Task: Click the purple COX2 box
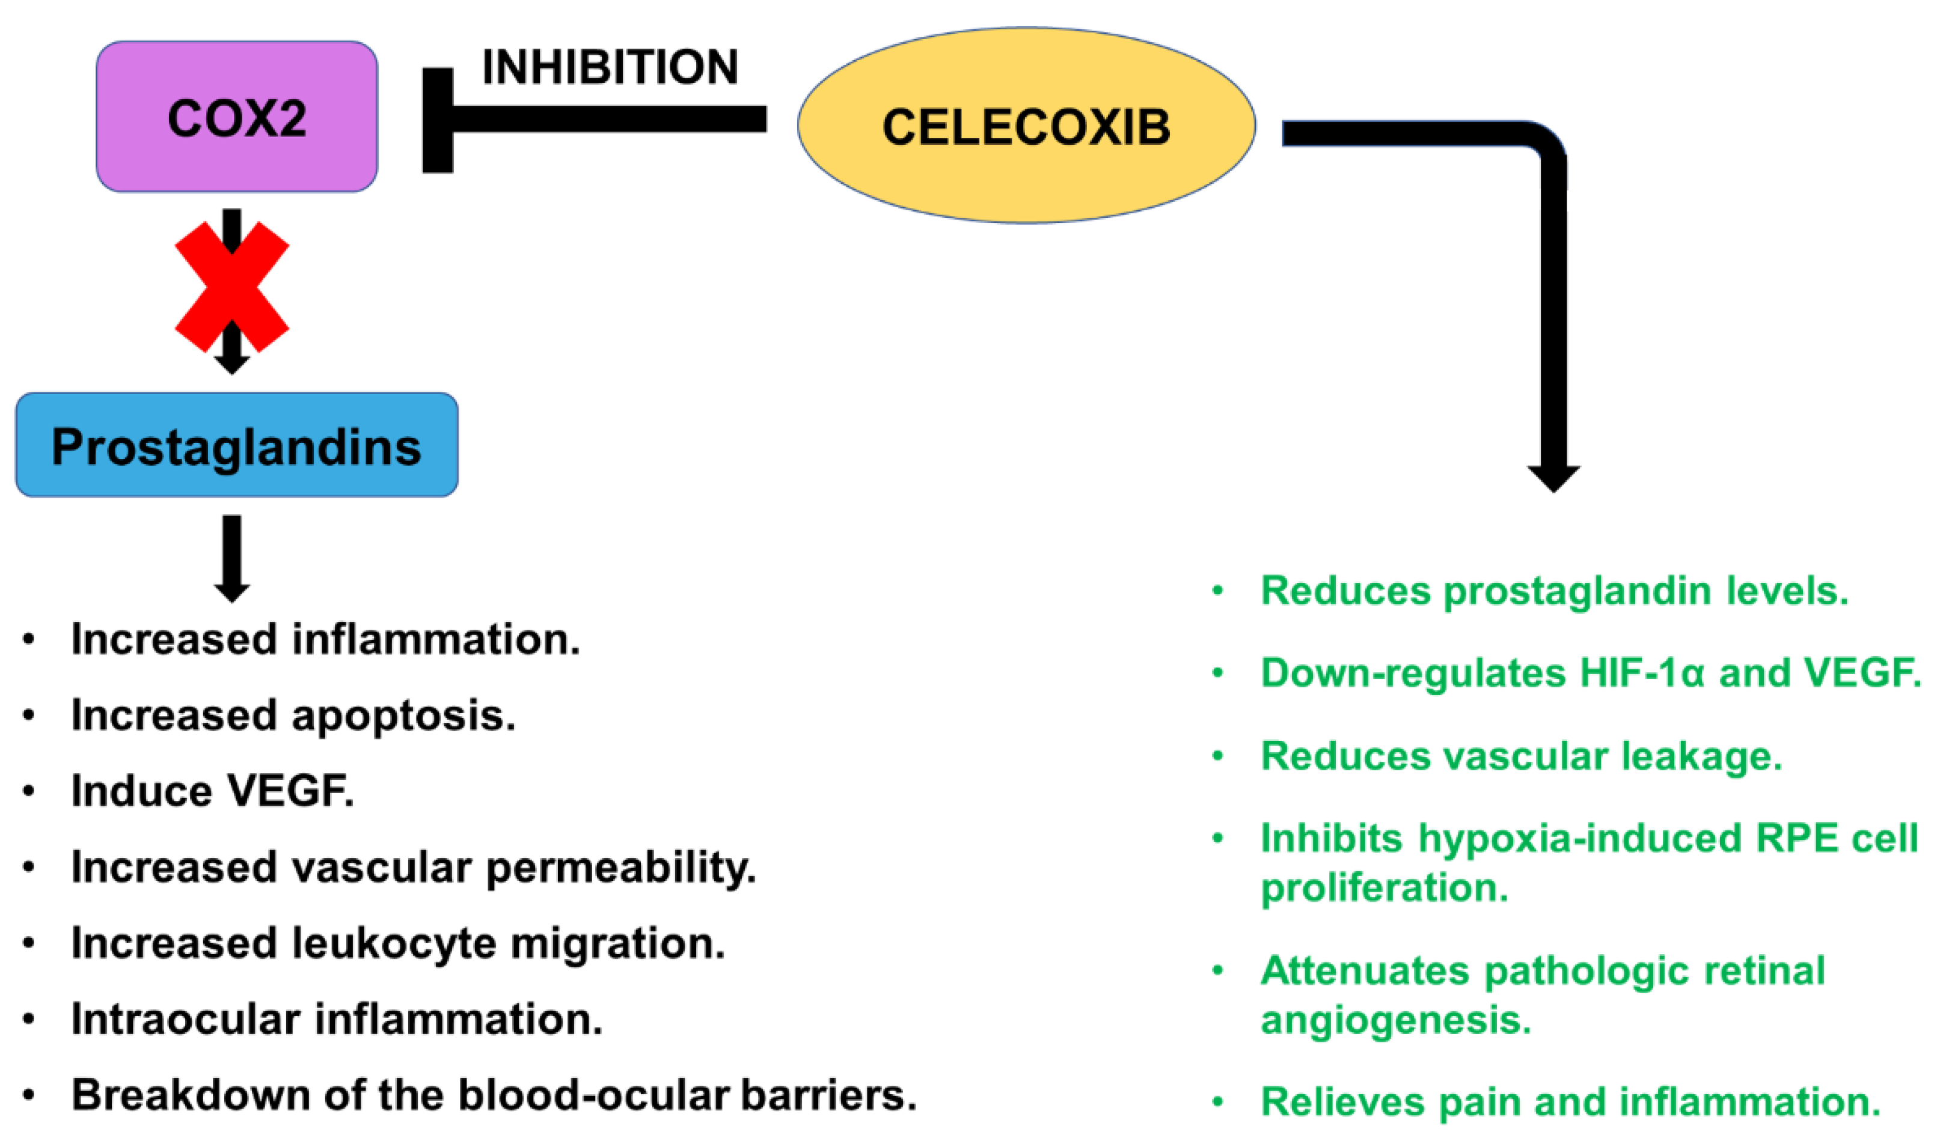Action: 236,117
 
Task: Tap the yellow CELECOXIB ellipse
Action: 1026,126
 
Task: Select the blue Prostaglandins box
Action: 236,445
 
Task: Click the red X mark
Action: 231,287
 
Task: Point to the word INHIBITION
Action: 610,67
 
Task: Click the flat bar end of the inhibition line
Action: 437,120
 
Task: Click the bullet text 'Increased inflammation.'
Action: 325,639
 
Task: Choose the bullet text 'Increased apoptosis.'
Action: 293,715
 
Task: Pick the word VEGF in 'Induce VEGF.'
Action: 290,791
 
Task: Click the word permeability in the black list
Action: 620,867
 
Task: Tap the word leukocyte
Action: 394,943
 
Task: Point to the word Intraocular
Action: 185,1018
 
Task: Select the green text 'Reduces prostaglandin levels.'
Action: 1553,591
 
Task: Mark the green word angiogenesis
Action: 1395,1019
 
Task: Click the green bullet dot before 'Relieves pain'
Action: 1218,1101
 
